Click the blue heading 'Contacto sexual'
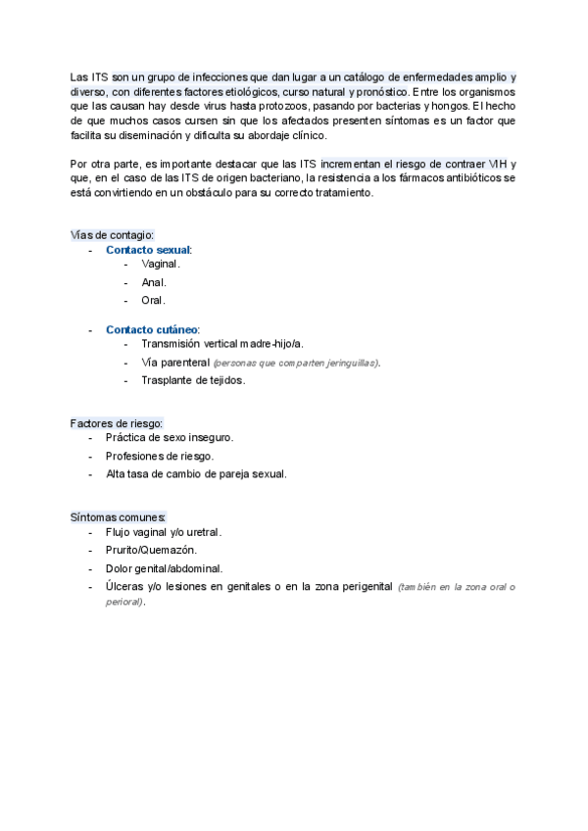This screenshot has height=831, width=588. [x=148, y=250]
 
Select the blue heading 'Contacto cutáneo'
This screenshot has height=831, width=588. [x=152, y=329]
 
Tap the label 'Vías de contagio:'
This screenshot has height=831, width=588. [x=113, y=235]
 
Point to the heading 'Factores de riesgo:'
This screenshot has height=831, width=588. [x=117, y=422]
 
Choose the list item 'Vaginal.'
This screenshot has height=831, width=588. [x=162, y=265]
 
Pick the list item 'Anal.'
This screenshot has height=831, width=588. [x=154, y=282]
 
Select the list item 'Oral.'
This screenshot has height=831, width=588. [x=154, y=300]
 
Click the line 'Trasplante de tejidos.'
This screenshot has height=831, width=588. [x=193, y=379]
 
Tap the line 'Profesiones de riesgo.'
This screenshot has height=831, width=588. [x=160, y=456]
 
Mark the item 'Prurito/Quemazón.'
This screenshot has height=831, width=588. [x=151, y=551]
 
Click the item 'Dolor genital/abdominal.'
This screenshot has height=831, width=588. [x=164, y=568]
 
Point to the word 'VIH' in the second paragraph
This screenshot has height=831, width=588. [x=497, y=163]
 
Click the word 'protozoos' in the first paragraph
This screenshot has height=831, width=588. [x=258, y=105]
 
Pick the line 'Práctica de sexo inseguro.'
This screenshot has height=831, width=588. [x=170, y=438]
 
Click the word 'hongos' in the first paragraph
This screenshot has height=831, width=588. [x=447, y=105]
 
